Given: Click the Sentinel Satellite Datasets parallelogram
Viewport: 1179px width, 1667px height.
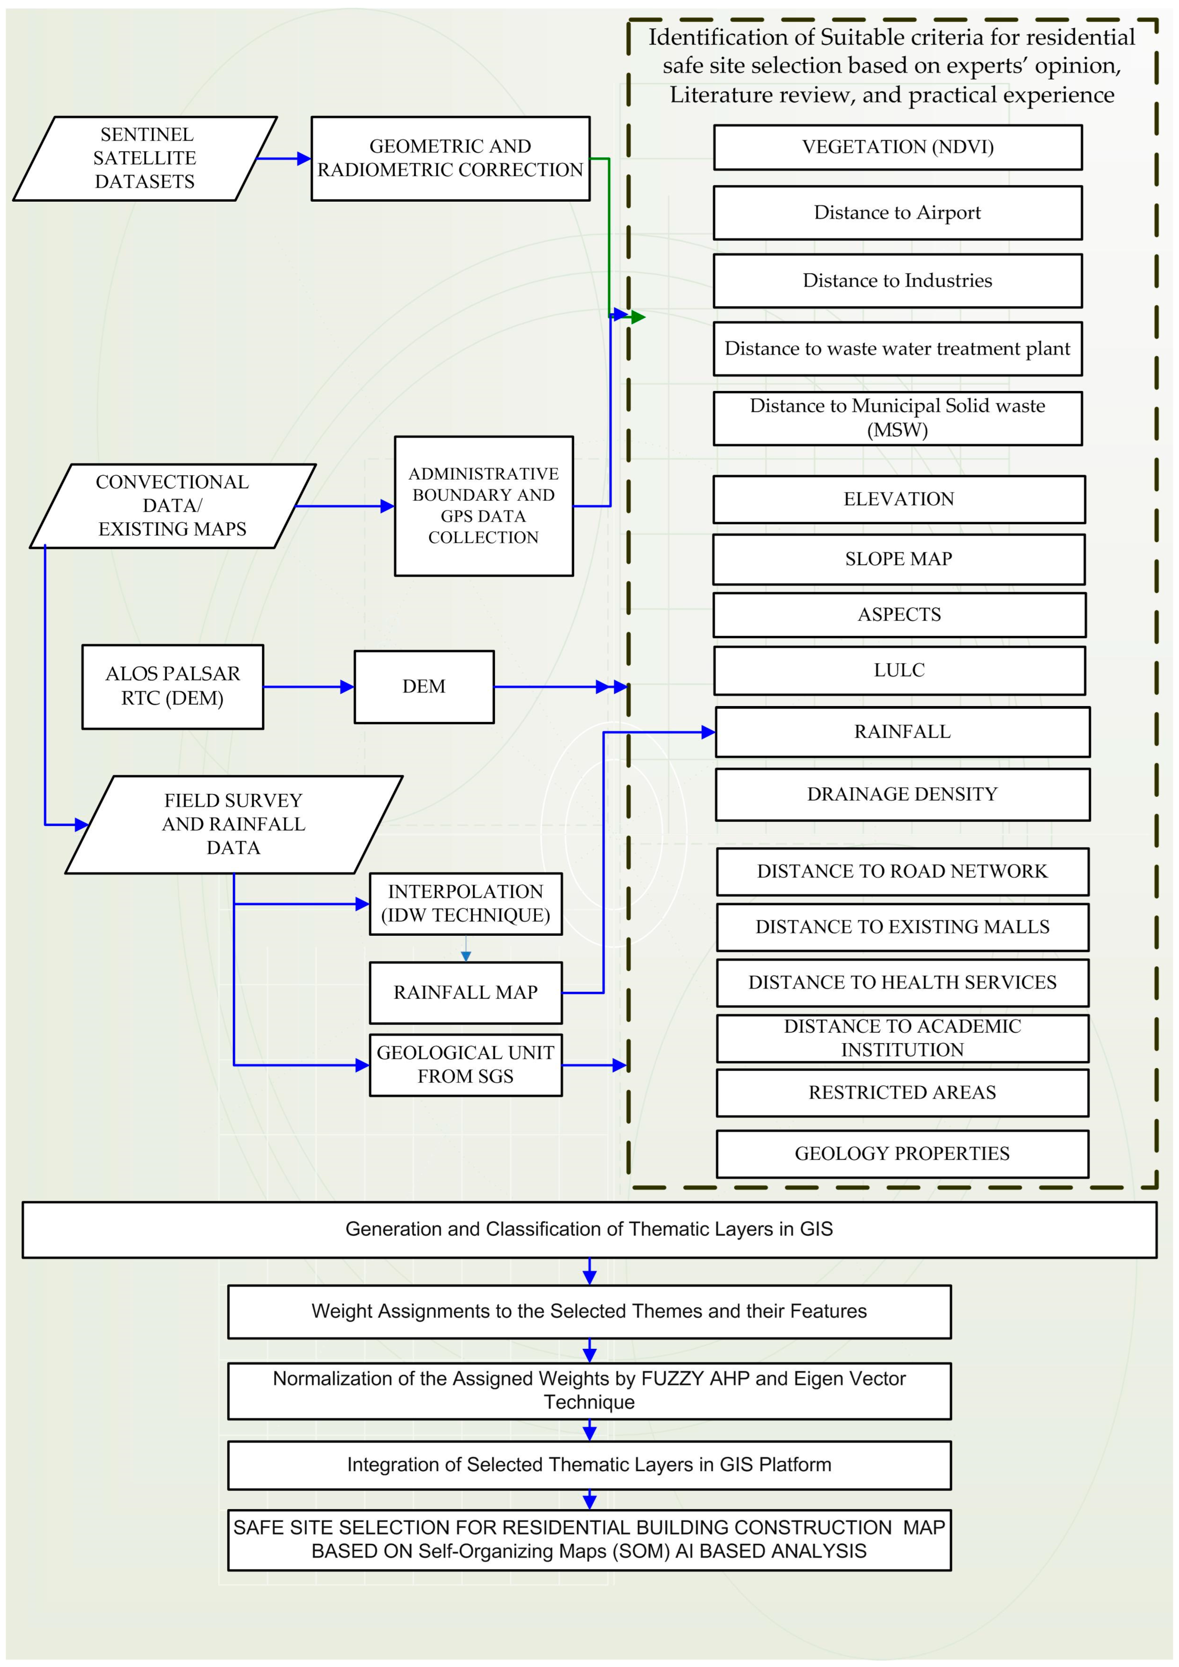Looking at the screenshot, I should tap(145, 158).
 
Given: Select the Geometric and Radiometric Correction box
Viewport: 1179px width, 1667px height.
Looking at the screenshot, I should tap(450, 158).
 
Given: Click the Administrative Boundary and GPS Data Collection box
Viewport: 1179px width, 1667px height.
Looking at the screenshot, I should tap(483, 506).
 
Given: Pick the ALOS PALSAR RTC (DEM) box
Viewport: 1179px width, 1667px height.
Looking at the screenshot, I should tap(173, 686).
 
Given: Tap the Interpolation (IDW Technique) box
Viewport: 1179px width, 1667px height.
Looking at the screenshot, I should tap(465, 904).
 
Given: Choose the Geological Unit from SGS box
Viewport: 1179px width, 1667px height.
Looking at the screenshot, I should tap(465, 1065).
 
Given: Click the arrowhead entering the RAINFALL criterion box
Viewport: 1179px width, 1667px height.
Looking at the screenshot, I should tap(708, 733).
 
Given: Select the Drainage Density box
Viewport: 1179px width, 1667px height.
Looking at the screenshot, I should tap(902, 794).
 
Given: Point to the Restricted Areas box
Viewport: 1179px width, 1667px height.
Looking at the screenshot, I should tap(902, 1093).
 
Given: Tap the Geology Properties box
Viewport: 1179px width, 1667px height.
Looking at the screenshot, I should tap(902, 1154).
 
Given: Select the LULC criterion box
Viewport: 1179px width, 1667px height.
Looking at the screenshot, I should tap(900, 670).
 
